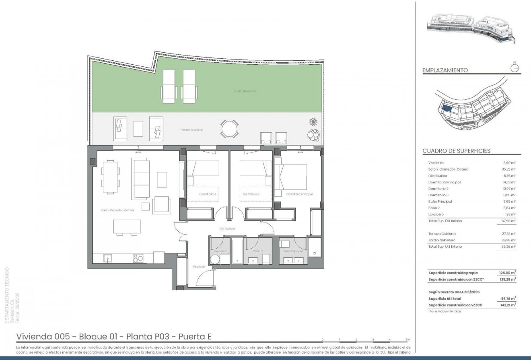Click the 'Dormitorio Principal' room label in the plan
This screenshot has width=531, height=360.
click(299, 194)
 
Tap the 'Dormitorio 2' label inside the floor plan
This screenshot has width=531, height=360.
click(250, 194)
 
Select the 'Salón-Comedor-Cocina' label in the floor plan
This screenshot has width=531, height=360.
click(117, 210)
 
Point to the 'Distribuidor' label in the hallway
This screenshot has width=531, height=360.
click(227, 228)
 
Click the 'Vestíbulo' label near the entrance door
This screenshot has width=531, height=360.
click(199, 266)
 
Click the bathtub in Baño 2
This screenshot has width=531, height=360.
click(237, 251)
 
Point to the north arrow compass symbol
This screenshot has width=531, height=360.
click(514, 68)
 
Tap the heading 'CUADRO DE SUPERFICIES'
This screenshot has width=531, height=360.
click(456, 151)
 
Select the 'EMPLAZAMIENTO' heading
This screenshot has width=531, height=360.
click(445, 70)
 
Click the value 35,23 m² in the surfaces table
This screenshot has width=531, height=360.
click(508, 169)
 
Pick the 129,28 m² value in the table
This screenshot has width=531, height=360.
click(508, 279)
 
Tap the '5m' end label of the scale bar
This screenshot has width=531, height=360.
click(408, 340)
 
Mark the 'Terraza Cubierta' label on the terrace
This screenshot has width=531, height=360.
click(191, 130)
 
